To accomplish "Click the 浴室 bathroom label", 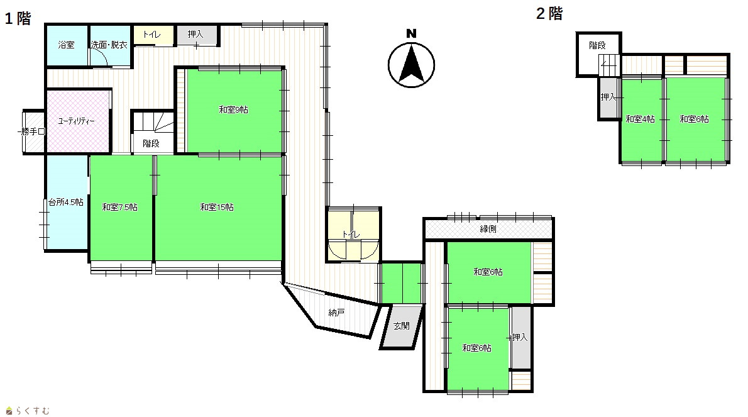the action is (66, 45).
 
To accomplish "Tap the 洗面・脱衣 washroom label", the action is (109, 45).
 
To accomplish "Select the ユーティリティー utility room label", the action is (76, 121).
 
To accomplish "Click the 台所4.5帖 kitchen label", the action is (66, 202).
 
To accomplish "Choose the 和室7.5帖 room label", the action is (119, 207).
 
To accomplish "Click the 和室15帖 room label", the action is (217, 207).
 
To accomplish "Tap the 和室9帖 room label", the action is (233, 109).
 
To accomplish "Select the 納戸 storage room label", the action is (336, 313).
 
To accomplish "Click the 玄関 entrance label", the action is (402, 326).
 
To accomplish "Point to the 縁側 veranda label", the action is (488, 229).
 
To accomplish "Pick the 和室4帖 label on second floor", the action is (640, 120).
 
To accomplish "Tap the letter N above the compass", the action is (411, 33).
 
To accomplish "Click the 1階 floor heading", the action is (18, 19).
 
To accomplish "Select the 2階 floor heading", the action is (549, 13).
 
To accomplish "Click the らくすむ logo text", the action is (33, 410).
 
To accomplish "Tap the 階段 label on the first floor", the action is (151, 143).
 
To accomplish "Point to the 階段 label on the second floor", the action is (597, 45).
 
